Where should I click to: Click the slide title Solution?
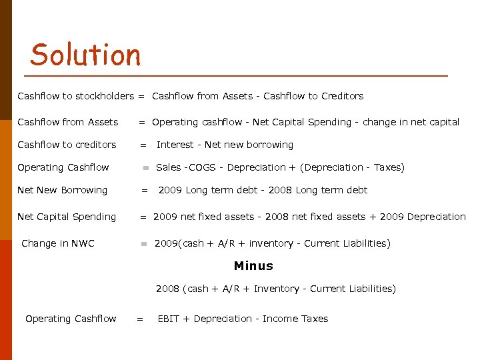click(x=85, y=55)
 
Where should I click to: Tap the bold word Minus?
click(x=253, y=266)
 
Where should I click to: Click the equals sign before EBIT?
click(x=139, y=319)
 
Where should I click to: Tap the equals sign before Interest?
click(x=142, y=145)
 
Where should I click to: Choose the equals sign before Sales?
click(x=145, y=167)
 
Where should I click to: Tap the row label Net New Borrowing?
click(x=62, y=190)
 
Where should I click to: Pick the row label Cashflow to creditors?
click(x=67, y=145)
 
